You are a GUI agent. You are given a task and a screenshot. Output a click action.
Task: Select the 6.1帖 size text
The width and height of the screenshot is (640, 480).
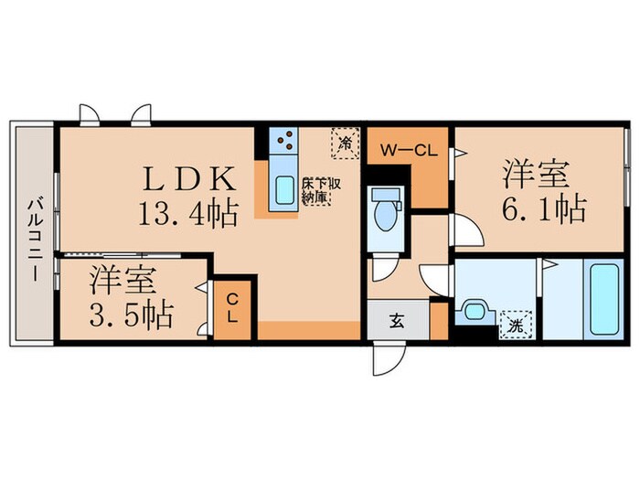coord(541,209)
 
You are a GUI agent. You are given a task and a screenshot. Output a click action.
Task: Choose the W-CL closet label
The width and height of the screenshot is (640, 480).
coord(408,150)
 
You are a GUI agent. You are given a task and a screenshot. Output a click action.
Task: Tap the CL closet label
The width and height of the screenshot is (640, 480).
coord(232,308)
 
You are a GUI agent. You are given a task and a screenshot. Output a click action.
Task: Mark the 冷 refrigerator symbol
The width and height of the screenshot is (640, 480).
coord(345,142)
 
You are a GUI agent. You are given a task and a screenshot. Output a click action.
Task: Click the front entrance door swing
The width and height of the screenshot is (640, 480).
coord(385,357)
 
